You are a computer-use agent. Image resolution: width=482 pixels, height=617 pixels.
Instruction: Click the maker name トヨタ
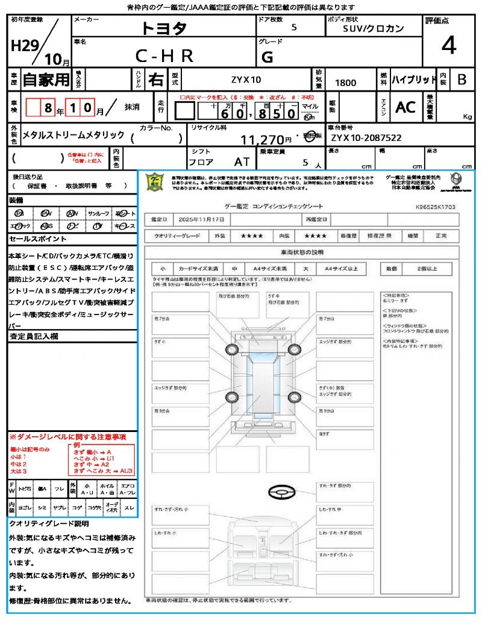point(164,28)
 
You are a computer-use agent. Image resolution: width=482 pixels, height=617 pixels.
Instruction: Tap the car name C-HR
point(164,56)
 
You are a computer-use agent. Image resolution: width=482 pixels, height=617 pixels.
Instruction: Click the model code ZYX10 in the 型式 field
point(246,80)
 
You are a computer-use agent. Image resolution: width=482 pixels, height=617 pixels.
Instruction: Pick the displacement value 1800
point(345,83)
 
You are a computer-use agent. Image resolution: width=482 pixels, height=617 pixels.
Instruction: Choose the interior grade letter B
point(461,80)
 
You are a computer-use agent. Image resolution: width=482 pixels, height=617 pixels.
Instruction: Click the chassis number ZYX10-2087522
point(366,138)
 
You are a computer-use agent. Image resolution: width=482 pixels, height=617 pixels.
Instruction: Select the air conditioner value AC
point(405,107)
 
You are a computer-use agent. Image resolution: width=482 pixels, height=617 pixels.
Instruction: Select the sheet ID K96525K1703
point(435,207)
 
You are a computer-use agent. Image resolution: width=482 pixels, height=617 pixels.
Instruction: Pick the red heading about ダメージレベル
point(67,436)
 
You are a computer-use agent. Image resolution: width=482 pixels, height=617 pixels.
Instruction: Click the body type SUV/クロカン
point(373,28)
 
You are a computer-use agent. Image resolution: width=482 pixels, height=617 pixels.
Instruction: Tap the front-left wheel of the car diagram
point(232,350)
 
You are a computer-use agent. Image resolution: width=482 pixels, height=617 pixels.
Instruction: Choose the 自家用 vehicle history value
point(46,79)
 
